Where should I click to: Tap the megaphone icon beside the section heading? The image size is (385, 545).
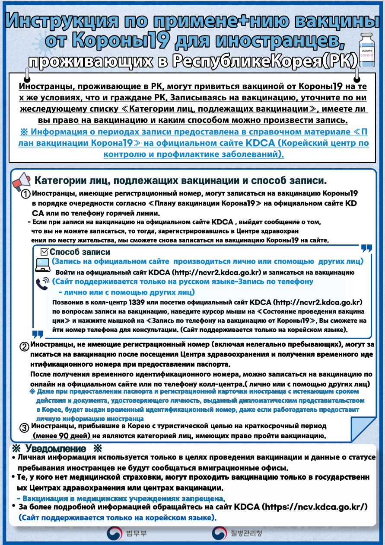pyautogui.click(x=22, y=181)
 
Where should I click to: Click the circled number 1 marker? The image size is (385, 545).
pyautogui.click(x=26, y=194)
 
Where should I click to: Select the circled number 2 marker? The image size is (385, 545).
pyautogui.click(x=25, y=346)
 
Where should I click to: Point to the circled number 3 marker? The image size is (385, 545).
pyautogui.click(x=25, y=428)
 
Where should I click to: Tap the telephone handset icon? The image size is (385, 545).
pyautogui.click(x=42, y=283)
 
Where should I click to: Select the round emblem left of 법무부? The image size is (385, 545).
pyautogui.click(x=115, y=533)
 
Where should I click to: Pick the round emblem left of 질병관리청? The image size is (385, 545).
pyautogui.click(x=219, y=533)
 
